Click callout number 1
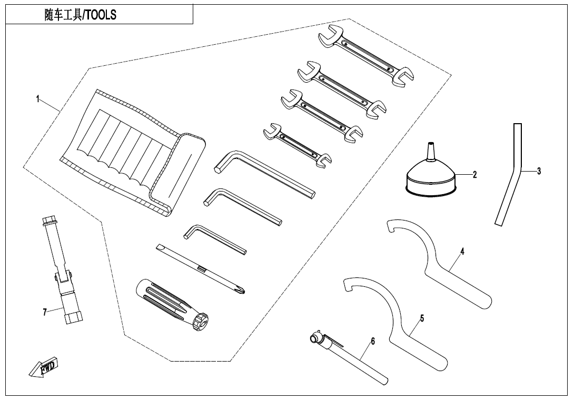point(38,99)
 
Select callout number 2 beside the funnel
point(474,175)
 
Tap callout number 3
point(539,171)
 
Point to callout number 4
point(462,252)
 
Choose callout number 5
point(422,318)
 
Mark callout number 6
point(373,342)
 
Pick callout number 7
point(45,312)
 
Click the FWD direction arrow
point(45,367)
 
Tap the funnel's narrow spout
point(431,149)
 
